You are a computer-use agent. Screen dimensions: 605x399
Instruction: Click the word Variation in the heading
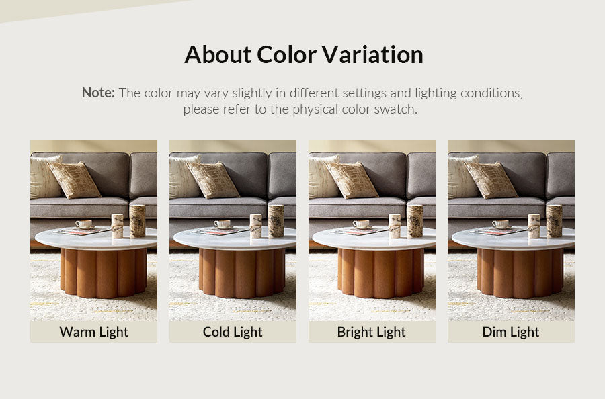click(372, 54)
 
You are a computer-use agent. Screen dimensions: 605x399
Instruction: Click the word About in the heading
click(218, 54)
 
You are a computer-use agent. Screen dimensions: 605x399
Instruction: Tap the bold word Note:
click(98, 93)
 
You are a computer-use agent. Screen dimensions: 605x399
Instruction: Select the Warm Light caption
click(93, 332)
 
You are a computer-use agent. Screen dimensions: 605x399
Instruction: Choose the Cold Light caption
click(233, 332)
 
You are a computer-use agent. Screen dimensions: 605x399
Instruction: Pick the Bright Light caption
click(372, 332)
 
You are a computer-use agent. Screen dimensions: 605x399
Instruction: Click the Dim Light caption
click(511, 332)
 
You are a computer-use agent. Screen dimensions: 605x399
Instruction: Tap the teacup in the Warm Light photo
click(84, 224)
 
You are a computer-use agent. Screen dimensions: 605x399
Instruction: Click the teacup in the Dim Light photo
click(500, 224)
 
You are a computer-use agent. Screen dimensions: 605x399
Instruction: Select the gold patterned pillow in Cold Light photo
click(212, 180)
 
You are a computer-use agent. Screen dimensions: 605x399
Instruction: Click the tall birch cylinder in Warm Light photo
click(137, 221)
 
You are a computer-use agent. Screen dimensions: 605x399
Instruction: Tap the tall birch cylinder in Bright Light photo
click(415, 221)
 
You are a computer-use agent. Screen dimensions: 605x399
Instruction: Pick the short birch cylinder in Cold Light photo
click(256, 226)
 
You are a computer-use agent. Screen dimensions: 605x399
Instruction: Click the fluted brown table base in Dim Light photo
click(520, 273)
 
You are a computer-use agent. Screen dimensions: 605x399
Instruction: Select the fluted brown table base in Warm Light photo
click(103, 273)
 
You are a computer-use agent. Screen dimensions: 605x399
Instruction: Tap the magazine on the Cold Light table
click(220, 231)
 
